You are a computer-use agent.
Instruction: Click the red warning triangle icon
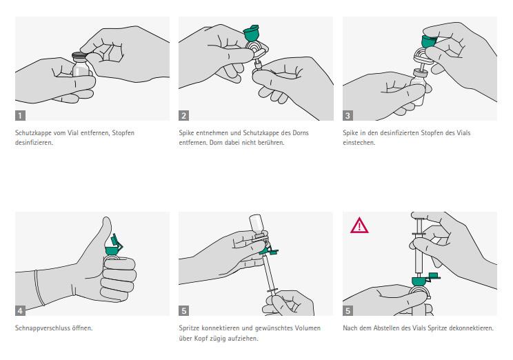pos(359,226)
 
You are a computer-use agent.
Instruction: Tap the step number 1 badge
pos(20,116)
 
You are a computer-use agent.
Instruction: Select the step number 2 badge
pos(184,116)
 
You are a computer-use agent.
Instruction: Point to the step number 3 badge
pos(348,116)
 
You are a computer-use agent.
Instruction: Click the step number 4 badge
pos(20,310)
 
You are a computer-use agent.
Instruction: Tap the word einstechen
pos(359,143)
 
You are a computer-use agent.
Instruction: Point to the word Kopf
pos(201,339)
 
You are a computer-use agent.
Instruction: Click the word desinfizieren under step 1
pos(33,143)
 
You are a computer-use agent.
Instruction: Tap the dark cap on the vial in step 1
pos(79,55)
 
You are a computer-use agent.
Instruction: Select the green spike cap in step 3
pos(428,40)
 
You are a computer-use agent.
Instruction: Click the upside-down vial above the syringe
pos(256,224)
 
